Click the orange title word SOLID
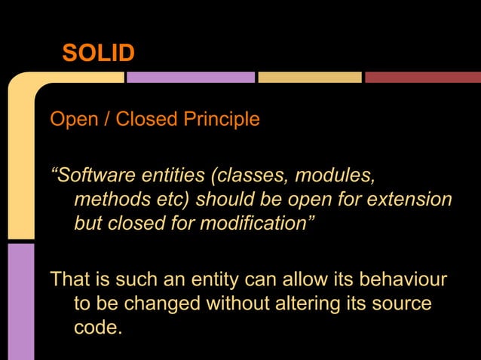coord(99,53)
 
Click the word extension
coord(406,200)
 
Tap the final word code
coord(97,328)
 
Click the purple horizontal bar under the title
coord(191,77)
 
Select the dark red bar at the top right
coord(423,77)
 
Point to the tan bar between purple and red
coord(310,77)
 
